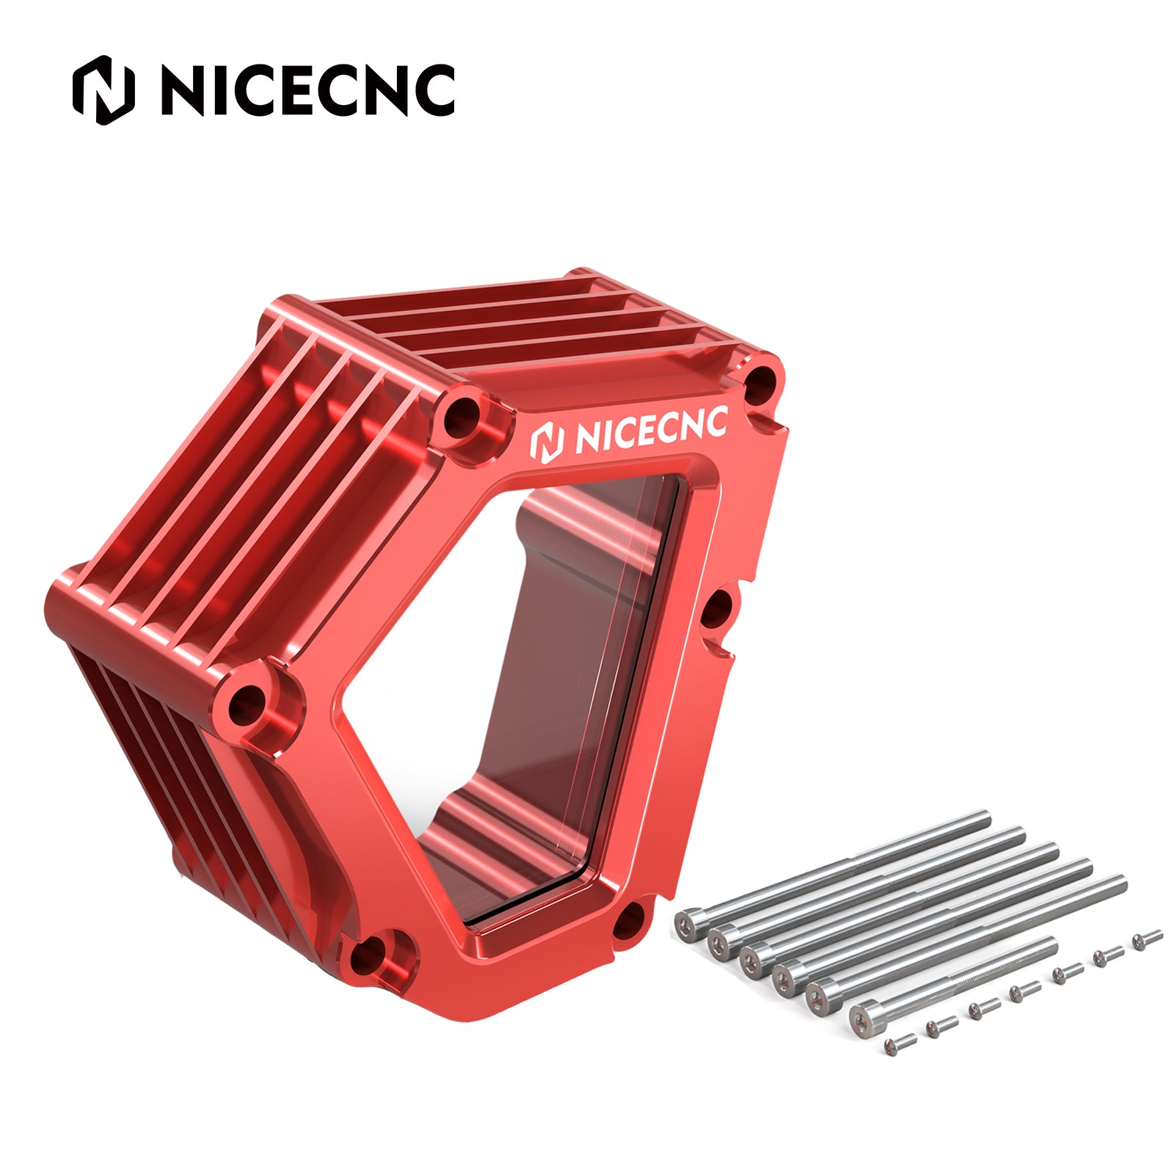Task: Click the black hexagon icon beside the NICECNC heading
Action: [x=103, y=90]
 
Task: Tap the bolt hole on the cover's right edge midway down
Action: [x=715, y=610]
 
